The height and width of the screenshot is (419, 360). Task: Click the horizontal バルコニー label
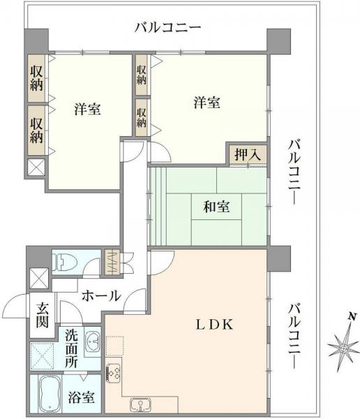point(168,28)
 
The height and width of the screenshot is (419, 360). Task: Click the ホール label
point(101,296)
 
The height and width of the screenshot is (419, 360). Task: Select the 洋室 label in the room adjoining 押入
point(207,103)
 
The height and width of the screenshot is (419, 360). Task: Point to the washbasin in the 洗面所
point(91,343)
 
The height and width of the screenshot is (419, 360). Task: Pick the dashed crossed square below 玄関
point(43,355)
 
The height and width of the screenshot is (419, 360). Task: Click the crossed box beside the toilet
point(38,277)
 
